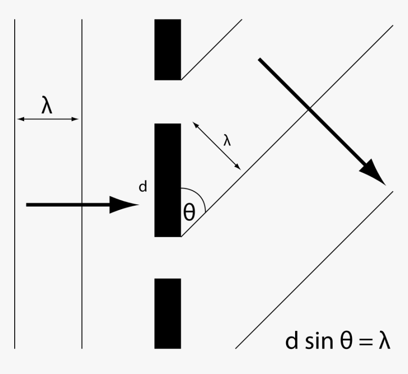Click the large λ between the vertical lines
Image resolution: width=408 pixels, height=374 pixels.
(x=46, y=106)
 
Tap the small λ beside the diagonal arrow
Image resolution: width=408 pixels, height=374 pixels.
(x=228, y=141)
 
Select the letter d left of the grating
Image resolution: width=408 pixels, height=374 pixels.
(x=142, y=187)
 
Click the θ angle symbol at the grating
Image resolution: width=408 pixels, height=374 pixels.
(x=189, y=213)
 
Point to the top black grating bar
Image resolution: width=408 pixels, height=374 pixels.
(x=167, y=49)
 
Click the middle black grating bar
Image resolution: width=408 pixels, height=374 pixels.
(x=167, y=180)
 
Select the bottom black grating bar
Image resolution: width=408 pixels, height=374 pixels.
(x=167, y=313)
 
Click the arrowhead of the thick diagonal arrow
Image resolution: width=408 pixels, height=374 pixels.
(x=375, y=173)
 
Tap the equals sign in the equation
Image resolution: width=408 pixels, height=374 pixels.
(x=364, y=342)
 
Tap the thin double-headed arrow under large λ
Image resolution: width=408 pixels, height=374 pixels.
(x=47, y=119)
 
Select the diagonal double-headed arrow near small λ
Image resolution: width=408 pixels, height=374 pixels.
(x=217, y=146)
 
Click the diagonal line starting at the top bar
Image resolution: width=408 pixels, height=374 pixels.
(x=212, y=49)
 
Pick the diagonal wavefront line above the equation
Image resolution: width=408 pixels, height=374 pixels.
(x=313, y=270)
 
